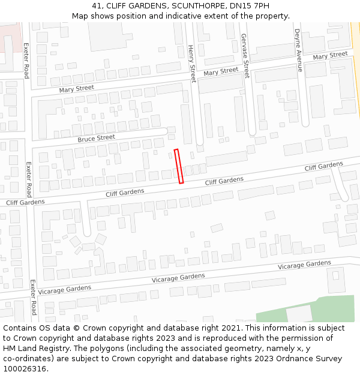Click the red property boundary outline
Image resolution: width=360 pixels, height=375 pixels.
tap(178, 166)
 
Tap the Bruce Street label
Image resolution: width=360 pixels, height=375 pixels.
tap(96, 138)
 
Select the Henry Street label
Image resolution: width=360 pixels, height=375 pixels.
tap(191, 64)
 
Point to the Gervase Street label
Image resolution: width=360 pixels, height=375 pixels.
tap(245, 56)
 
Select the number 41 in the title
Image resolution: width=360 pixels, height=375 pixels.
tap(98, 5)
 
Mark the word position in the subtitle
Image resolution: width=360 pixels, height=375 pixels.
tap(134, 16)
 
